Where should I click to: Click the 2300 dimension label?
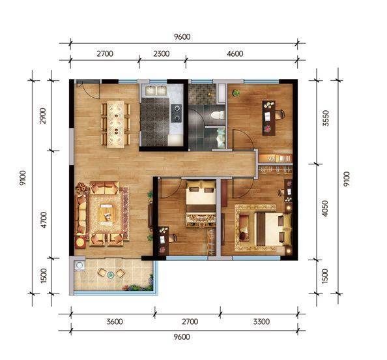point(161,53)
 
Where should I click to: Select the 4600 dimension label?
point(235,53)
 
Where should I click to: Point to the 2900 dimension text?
point(43,116)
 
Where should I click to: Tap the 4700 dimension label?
point(44,220)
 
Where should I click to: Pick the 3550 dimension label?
point(326,118)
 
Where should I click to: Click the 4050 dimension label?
point(325,208)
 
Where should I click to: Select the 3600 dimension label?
point(115,322)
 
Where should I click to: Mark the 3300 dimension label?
point(261,322)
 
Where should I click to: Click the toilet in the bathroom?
point(217,115)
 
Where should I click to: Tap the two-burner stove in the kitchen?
point(176,113)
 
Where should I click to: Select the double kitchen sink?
point(156,91)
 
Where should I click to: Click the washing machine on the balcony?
point(79,266)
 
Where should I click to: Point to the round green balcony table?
point(111,275)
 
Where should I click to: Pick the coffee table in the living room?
point(107,214)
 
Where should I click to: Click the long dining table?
point(115,125)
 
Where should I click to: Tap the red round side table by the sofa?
point(81,242)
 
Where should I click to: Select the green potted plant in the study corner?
point(236,93)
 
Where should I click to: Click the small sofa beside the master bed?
point(244,228)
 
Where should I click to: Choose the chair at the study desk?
point(280,114)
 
